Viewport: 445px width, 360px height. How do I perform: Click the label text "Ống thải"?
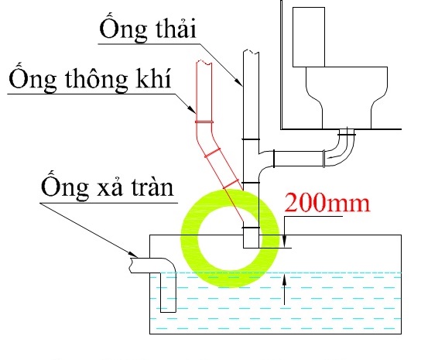[148, 28]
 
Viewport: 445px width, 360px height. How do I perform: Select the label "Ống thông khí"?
[91, 77]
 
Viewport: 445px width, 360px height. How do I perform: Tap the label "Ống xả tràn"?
[107, 185]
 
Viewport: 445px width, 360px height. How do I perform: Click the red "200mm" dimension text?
[327, 202]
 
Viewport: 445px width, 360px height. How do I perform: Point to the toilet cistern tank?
[309, 37]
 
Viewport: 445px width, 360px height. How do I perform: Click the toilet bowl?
[347, 98]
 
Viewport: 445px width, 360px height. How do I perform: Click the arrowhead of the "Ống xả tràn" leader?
[133, 253]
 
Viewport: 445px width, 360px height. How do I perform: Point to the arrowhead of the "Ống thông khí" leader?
[191, 108]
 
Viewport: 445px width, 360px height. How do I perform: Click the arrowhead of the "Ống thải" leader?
[238, 81]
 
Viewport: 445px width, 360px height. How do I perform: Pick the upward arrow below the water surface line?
[285, 289]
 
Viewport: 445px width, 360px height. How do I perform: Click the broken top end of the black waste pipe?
[251, 52]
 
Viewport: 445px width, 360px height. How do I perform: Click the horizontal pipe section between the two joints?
[299, 159]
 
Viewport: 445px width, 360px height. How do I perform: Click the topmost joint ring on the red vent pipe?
[204, 122]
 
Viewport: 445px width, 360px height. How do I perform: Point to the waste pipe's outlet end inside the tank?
[252, 248]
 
